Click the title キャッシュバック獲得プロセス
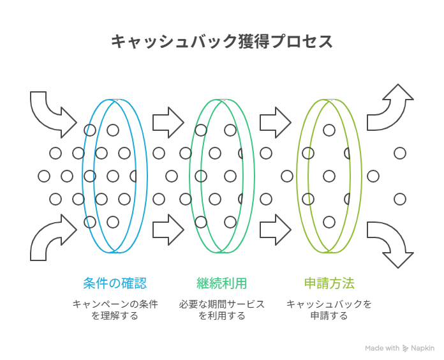click(x=221, y=42)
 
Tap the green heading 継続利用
click(x=221, y=283)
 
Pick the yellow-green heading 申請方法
click(x=329, y=283)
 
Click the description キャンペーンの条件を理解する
click(x=114, y=310)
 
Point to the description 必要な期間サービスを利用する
click(x=221, y=310)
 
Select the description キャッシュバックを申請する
click(x=329, y=310)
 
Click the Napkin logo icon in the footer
click(x=406, y=349)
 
